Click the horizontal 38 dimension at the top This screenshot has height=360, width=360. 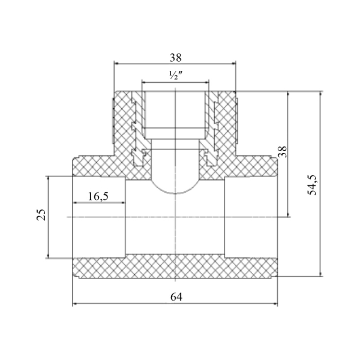(x=176, y=58)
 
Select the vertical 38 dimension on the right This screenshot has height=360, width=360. (x=283, y=152)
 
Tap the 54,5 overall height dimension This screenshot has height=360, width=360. (x=312, y=185)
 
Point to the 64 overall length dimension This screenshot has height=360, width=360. (x=176, y=297)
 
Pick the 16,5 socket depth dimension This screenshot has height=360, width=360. (x=98, y=197)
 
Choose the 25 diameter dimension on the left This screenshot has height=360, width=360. (x=41, y=215)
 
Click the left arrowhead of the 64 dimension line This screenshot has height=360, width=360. (x=74, y=304)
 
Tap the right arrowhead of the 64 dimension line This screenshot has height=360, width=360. (x=275, y=304)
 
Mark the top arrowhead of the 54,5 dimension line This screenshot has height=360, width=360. (x=321, y=94)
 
